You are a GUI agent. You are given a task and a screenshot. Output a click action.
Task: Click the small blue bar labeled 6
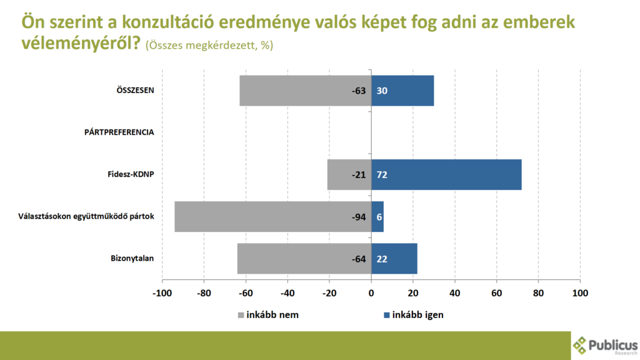(x=377, y=216)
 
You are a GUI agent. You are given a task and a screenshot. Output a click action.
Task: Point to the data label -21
(x=358, y=174)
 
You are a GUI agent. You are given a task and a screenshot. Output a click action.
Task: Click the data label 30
(x=382, y=91)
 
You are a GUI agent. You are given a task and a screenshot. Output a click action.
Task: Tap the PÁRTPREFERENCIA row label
(x=119, y=132)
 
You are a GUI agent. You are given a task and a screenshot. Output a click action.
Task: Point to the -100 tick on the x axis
(x=162, y=293)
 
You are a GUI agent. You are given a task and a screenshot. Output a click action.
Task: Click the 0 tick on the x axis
(x=371, y=293)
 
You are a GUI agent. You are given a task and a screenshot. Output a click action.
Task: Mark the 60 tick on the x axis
(x=497, y=293)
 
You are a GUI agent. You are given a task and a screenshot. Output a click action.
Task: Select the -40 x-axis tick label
(x=287, y=293)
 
